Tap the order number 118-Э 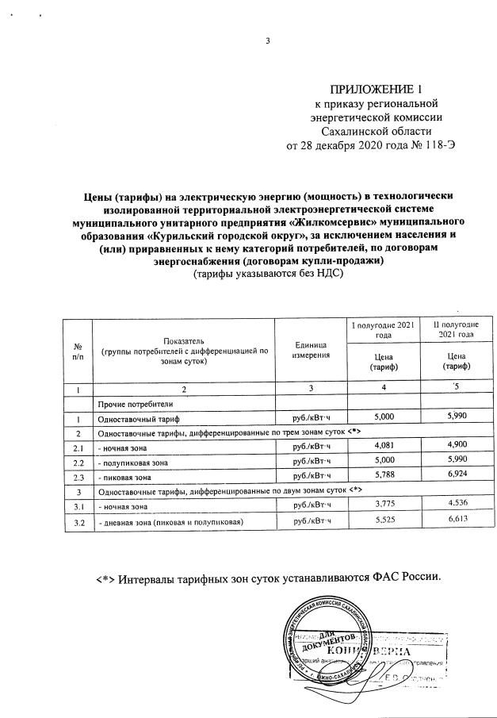click(x=439, y=146)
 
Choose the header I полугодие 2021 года click(x=383, y=331)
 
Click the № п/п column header click(x=78, y=350)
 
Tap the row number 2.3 click(x=78, y=477)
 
